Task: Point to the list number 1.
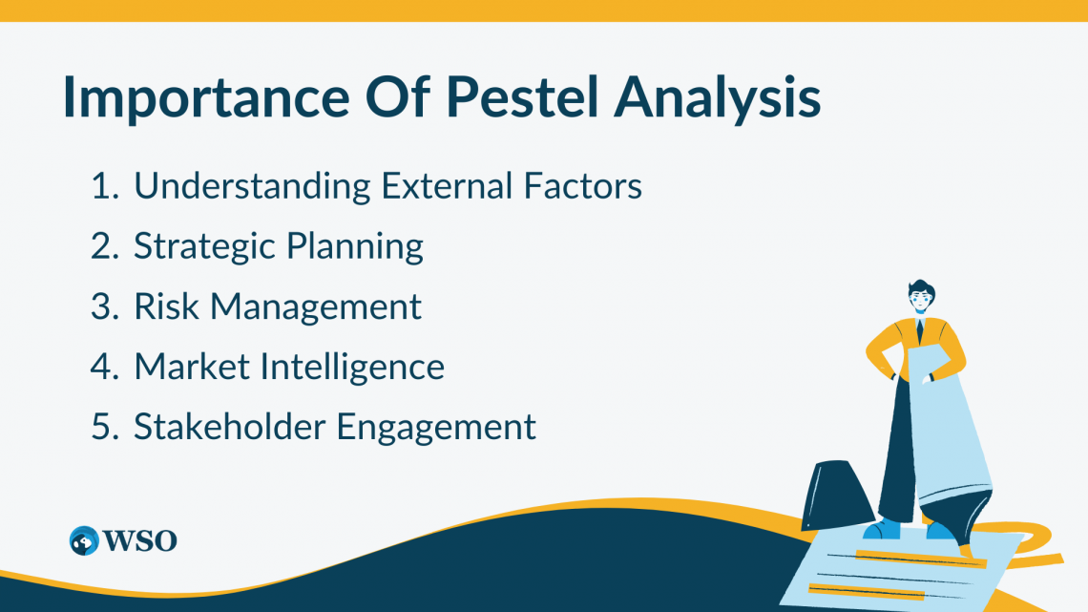click(102, 186)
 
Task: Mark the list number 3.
click(102, 306)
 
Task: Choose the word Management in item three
click(316, 307)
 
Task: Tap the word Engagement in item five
click(436, 428)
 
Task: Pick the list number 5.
click(102, 426)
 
